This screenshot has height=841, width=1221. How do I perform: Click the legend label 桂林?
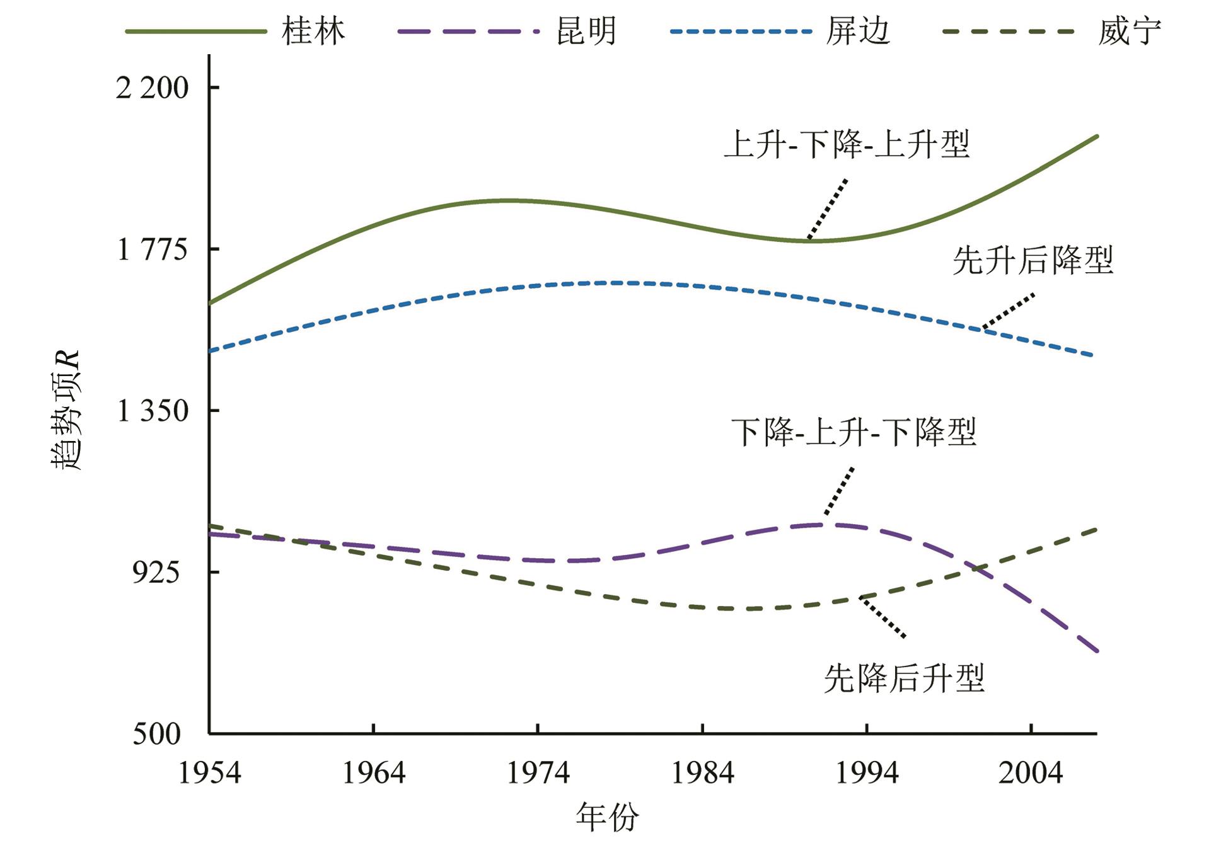(x=313, y=31)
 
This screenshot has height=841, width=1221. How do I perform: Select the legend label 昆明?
(x=586, y=31)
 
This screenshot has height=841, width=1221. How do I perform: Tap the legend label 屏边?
(x=858, y=31)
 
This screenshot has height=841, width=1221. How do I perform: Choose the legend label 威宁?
(x=1129, y=31)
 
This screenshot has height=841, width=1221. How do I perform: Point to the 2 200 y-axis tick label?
(x=152, y=88)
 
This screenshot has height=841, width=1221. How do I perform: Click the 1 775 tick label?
(x=152, y=249)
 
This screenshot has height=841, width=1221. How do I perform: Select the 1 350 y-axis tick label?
(x=152, y=411)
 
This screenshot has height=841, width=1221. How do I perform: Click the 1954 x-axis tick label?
(x=209, y=773)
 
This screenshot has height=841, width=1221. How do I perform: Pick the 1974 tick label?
(x=538, y=773)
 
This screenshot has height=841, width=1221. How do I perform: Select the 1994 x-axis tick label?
(x=867, y=773)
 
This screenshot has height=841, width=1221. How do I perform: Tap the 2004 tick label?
(x=1031, y=773)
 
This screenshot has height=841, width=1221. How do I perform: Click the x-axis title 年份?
(x=607, y=817)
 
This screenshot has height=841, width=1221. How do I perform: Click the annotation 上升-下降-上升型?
(x=846, y=144)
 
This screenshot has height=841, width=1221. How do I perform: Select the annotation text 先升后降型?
(x=1033, y=260)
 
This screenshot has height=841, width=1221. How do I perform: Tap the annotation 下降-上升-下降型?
(x=854, y=432)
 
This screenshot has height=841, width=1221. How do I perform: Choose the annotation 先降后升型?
(x=904, y=678)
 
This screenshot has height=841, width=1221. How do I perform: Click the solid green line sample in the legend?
(x=195, y=31)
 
